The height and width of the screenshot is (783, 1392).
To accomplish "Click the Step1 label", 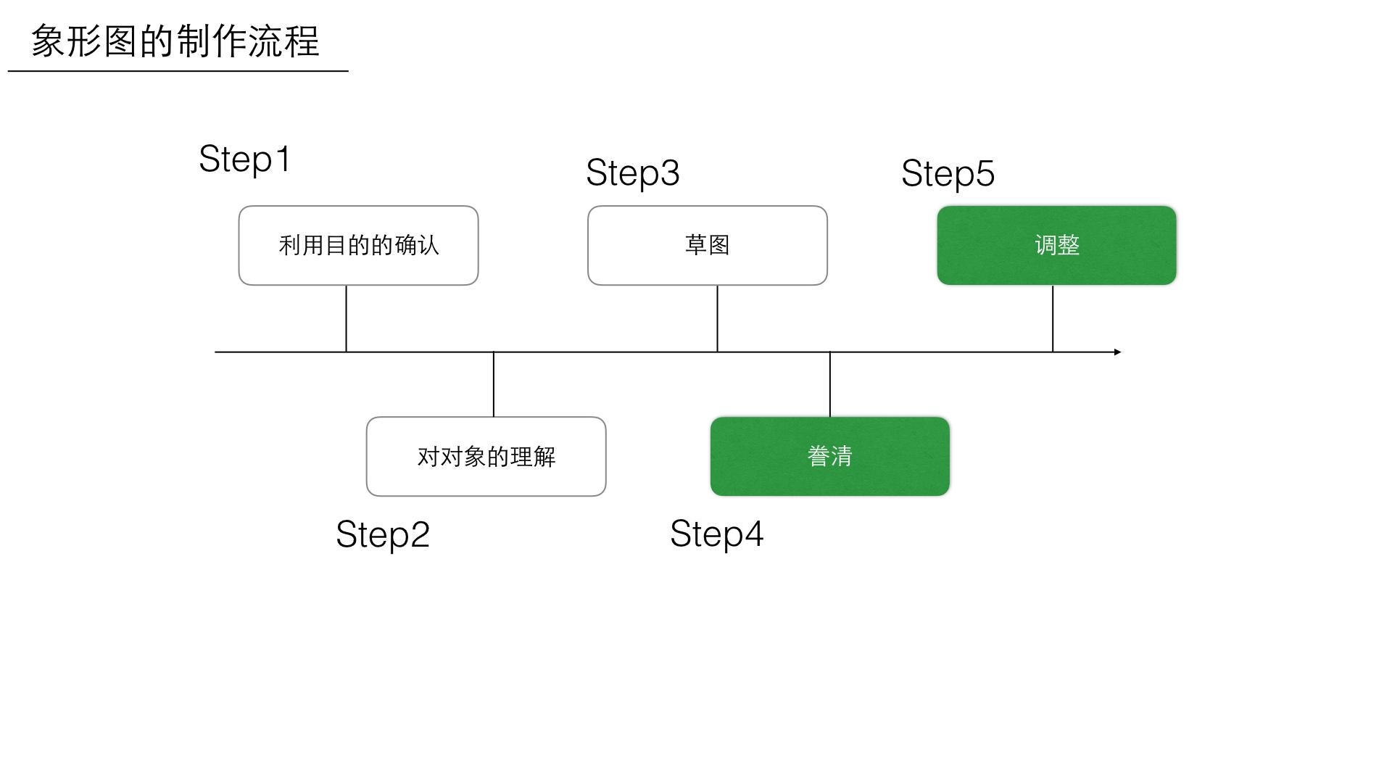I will point(245,159).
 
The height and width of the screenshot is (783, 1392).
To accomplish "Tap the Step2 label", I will point(383,535).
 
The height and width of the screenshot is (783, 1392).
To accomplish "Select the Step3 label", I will point(632,173).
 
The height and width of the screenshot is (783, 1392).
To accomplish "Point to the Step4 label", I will point(716,534).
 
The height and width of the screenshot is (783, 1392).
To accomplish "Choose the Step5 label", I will point(948,174).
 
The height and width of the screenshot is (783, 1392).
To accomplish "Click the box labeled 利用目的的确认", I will point(358,246).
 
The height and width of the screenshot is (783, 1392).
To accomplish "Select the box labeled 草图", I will point(707,246).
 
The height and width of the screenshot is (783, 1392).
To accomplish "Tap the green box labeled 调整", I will point(1056,246).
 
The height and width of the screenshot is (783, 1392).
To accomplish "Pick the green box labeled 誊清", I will point(829,457).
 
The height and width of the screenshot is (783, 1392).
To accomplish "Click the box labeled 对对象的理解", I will point(486,457).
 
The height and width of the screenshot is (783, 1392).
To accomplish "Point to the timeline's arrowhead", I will point(1117,352).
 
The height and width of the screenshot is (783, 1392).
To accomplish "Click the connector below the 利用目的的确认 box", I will point(346,318).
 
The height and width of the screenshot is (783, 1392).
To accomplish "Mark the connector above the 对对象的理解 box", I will point(494,384).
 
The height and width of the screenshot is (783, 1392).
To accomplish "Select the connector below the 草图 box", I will point(717,318).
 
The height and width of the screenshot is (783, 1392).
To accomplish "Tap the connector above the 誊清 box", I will point(829,384).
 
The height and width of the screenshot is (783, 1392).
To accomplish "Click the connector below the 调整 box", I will point(1053,318).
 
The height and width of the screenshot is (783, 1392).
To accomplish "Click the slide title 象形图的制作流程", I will point(175,41).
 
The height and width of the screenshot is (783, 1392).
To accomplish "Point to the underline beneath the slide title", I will point(178,71).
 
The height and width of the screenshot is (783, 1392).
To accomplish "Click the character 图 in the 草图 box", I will point(718,245).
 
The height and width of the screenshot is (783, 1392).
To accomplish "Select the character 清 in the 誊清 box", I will point(841,457).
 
